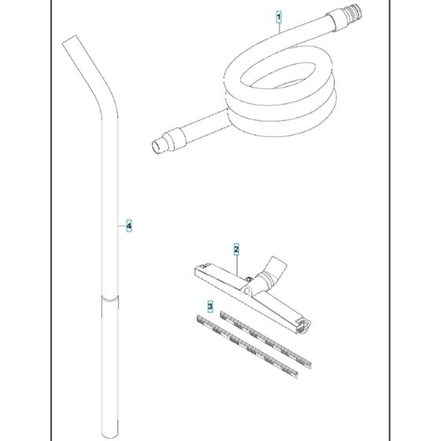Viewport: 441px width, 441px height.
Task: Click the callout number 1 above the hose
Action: [277, 16]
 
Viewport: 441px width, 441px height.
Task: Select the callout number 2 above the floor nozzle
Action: [236, 249]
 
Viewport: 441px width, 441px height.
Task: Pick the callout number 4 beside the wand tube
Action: [129, 227]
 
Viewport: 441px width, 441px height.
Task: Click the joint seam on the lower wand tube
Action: [110, 298]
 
